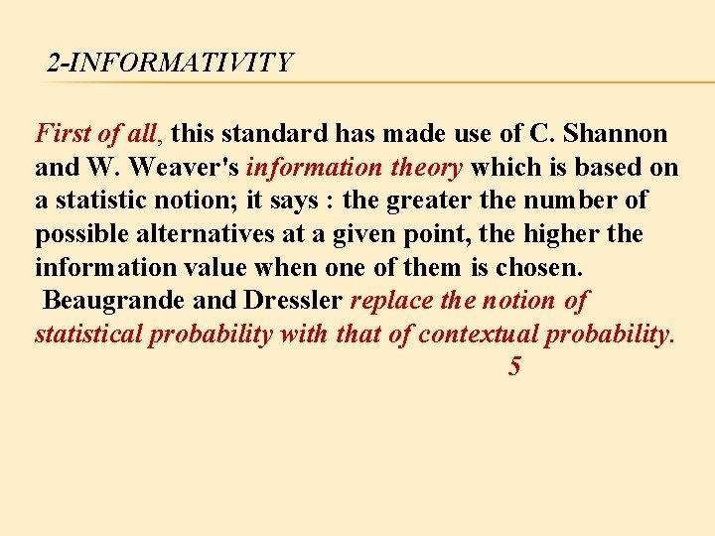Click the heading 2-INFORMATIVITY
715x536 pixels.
[170, 64]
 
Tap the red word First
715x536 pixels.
[62, 133]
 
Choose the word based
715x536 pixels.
[603, 167]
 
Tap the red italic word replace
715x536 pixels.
[391, 300]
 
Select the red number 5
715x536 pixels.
[513, 366]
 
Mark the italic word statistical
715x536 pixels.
[88, 334]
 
